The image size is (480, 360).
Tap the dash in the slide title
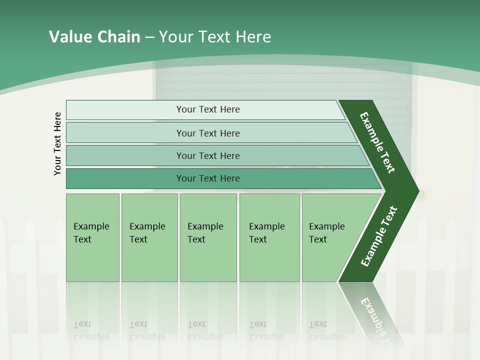tap(150, 37)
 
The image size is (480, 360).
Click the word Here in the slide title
tap(253, 37)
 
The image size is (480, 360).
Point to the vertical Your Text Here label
tap(57, 143)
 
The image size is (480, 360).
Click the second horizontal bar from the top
tap(207, 133)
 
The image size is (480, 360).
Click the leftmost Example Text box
tap(92, 237)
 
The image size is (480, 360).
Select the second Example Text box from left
tap(149, 237)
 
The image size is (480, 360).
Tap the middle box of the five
tap(208, 237)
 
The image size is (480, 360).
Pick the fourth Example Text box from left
tap(269, 237)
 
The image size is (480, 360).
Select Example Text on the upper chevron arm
tap(377, 142)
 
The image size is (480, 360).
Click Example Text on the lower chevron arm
tap(379, 236)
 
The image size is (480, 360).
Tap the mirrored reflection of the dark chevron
tap(372, 312)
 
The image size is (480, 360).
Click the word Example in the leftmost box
tap(91, 226)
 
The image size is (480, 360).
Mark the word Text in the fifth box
tap(318, 239)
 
